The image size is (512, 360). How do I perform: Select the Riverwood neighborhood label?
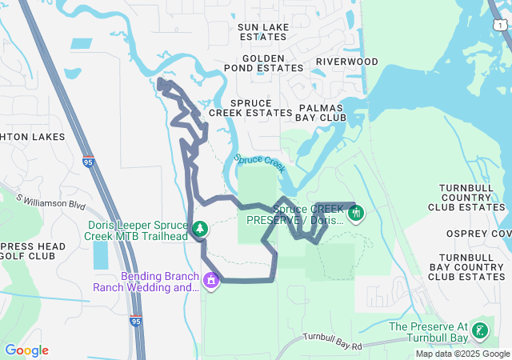tap(346, 62)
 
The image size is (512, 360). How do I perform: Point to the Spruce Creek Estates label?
tap(250, 108)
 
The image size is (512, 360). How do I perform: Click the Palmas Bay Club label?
tap(320, 112)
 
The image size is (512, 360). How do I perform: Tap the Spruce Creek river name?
tap(260, 162)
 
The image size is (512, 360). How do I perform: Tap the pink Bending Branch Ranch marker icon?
tap(211, 281)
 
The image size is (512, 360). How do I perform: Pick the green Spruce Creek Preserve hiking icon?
tap(356, 214)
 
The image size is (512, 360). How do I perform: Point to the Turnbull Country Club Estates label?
tap(472, 197)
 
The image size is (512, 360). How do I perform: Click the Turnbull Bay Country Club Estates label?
tap(466, 266)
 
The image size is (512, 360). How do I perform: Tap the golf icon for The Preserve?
tap(480, 330)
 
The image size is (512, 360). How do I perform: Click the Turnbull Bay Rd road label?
tap(333, 342)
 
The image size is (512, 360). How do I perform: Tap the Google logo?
tap(26, 350)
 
